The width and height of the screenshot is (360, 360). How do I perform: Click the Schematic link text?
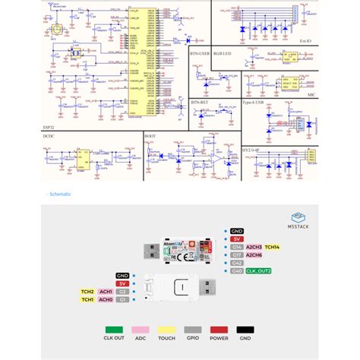point(60,194)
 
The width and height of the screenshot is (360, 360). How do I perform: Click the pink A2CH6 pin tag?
point(253,254)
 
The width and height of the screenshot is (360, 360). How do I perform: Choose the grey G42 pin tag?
point(237,263)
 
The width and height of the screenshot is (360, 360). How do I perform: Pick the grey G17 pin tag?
point(237,254)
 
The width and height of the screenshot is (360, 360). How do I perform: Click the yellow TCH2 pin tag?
point(87,291)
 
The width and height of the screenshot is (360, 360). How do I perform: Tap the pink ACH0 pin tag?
point(106,299)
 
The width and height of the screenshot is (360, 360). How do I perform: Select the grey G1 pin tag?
point(122,299)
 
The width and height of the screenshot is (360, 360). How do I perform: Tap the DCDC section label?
point(50,136)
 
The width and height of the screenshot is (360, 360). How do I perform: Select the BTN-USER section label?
point(200,54)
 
